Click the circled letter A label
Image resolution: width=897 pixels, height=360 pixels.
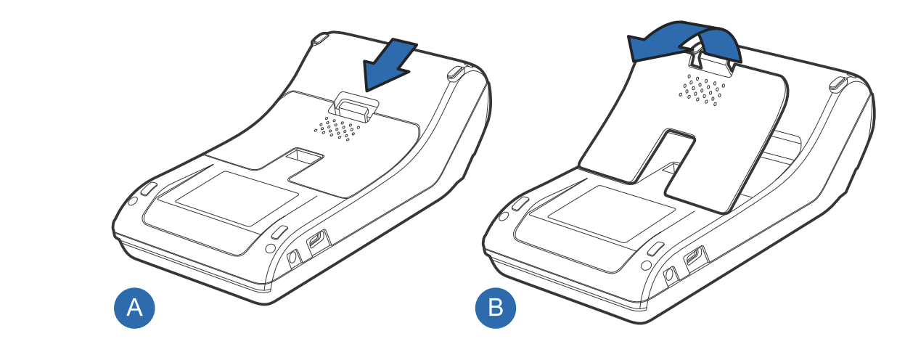point(134,308)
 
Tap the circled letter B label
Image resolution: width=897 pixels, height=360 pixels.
point(496,308)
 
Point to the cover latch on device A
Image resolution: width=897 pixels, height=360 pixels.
point(353,106)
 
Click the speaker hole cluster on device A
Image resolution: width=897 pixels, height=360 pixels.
point(337,128)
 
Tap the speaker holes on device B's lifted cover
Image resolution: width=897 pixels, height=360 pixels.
point(702,90)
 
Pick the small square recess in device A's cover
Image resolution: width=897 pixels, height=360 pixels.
point(304,156)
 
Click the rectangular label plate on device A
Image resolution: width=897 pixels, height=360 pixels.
point(237,198)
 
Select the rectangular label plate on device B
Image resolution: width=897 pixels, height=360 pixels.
point(612,213)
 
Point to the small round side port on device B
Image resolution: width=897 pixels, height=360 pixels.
point(669,275)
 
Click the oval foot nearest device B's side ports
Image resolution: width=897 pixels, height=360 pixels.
point(655,248)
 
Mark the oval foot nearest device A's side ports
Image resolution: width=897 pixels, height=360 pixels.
point(279,232)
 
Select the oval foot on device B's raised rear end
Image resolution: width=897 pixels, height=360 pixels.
point(838,83)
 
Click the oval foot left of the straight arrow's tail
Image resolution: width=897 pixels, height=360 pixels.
point(320,39)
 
